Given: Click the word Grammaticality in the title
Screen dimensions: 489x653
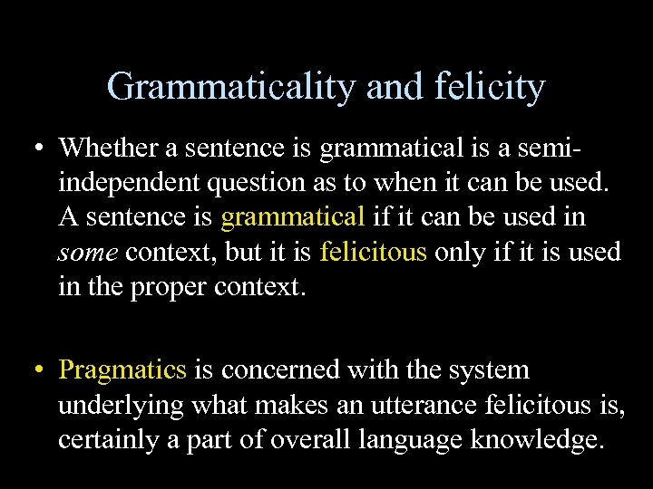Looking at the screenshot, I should [232, 88].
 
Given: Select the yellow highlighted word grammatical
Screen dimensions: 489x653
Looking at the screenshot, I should [292, 217].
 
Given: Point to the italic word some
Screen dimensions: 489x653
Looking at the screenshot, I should [88, 253].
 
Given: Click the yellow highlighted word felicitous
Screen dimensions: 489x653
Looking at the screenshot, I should [373, 253].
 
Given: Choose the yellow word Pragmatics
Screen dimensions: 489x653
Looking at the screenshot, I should [122, 370].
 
